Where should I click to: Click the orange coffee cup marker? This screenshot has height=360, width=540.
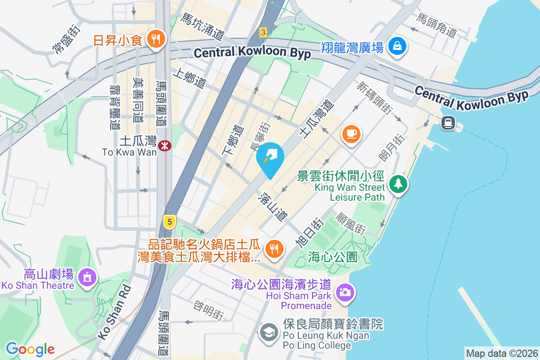tap(351, 134)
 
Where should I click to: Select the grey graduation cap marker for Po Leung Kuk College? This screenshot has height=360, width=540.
tap(269, 333)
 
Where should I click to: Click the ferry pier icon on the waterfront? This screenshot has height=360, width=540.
tap(448, 122)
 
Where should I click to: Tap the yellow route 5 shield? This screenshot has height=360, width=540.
tap(169, 221)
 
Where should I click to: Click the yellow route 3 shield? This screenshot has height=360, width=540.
tap(263, 32)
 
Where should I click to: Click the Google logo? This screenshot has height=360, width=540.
tap(30, 349)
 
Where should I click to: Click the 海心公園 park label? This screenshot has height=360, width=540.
tap(333, 257)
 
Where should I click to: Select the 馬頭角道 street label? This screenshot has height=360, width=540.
tap(437, 26)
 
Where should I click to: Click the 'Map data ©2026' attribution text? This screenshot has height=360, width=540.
tap(502, 353)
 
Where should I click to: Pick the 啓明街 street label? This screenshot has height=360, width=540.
tap(208, 310)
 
